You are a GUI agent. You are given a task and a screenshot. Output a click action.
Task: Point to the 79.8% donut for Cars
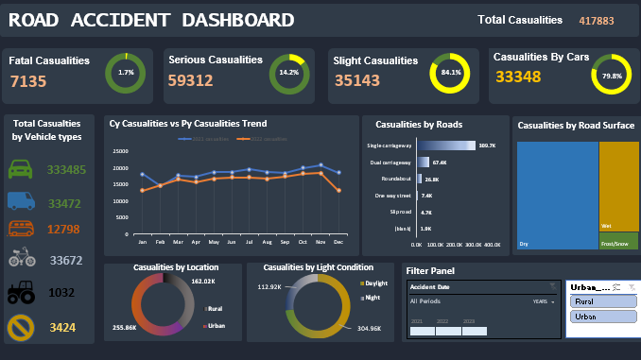(x=612, y=76)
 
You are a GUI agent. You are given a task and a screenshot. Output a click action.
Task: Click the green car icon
(x=22, y=170)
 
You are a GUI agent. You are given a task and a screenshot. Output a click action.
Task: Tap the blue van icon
(x=22, y=200)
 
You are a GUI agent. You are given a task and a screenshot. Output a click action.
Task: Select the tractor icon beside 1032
(x=22, y=293)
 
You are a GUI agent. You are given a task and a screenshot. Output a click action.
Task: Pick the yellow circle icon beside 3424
(x=22, y=328)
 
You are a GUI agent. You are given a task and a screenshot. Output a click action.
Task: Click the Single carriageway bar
(x=444, y=146)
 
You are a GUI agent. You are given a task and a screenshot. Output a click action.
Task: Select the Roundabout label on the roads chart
(x=393, y=179)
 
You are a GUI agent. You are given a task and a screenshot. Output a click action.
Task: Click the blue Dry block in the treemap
(x=557, y=194)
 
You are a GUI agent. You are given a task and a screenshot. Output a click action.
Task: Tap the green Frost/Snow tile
(x=618, y=241)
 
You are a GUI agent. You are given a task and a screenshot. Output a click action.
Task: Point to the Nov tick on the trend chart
(x=320, y=243)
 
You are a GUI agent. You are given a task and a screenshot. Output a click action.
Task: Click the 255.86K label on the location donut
(x=126, y=326)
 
